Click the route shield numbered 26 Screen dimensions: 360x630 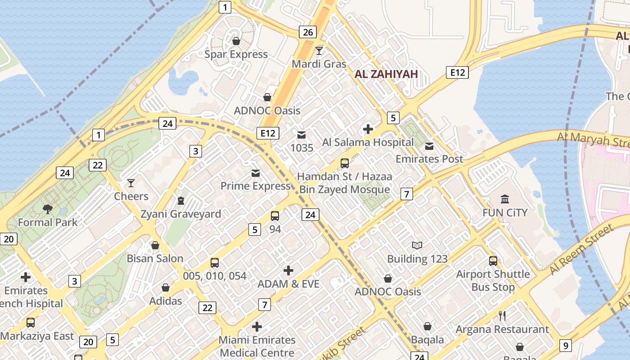point(308,32)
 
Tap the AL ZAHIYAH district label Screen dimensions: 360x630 point(386,74)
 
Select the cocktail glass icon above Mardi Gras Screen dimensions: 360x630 point(319,50)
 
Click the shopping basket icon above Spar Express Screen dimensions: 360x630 point(236,41)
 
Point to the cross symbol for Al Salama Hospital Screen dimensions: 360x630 point(368,129)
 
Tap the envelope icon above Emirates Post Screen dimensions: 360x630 point(429,146)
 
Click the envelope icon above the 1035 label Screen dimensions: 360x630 point(301,135)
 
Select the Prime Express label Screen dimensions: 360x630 point(255,186)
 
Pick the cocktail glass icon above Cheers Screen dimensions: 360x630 point(131,183)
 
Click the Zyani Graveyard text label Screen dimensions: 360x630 point(181,214)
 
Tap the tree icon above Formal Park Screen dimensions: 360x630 point(48,209)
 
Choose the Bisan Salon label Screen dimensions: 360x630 point(155,258)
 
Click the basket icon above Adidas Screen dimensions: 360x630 point(166,288)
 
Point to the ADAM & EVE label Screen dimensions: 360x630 point(288,284)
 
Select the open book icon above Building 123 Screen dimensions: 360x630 point(417,245)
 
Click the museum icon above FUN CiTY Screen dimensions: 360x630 point(505,199)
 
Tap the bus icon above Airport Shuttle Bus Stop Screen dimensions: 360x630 point(493,261)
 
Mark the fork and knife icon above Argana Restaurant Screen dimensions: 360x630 point(502,316)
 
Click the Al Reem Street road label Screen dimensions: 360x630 point(581,250)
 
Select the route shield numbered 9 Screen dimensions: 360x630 point(566,346)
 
